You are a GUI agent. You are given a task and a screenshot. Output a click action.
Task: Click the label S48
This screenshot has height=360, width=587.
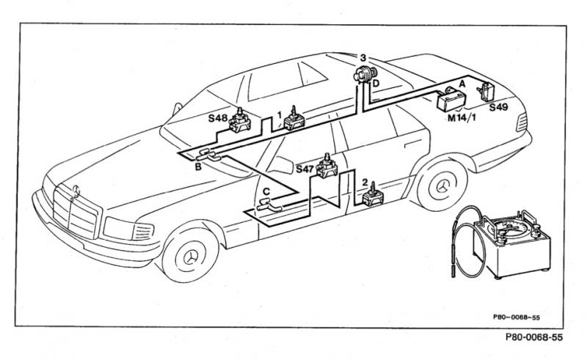pos(217,119)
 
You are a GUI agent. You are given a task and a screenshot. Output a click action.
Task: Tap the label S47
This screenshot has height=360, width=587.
pos(305,169)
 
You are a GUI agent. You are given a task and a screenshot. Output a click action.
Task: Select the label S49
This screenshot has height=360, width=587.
pos(499,107)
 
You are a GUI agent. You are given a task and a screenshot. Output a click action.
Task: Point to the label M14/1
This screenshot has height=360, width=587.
pos(462,118)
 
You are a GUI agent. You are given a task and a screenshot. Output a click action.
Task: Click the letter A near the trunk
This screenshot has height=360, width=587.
pos(462,84)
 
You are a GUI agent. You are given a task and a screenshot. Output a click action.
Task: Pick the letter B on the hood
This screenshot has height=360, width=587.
pos(198,167)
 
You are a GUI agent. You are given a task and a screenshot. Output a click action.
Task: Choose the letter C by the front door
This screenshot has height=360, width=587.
pos(266,191)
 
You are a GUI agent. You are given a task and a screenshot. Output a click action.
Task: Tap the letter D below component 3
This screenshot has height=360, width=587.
pos(376,84)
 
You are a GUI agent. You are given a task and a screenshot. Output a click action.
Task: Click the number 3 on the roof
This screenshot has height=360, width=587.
pos(363,58)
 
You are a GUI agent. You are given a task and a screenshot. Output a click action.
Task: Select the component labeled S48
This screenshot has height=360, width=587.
pos(240,120)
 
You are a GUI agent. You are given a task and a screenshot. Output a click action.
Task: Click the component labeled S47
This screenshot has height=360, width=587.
pos(327,166)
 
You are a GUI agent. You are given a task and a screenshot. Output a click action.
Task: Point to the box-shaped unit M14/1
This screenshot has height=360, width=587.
pos(451,99)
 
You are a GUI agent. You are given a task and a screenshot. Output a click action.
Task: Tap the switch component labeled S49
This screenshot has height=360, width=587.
pos(486,92)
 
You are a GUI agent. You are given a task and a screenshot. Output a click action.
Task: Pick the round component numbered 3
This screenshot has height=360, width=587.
pos(365,74)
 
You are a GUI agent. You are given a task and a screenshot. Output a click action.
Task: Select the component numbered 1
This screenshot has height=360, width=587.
pos(294,119)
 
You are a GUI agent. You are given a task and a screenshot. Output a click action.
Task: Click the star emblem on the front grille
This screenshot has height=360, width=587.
pos(76,191)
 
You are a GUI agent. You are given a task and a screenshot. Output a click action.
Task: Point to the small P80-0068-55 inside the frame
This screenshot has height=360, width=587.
pos(517,317)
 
